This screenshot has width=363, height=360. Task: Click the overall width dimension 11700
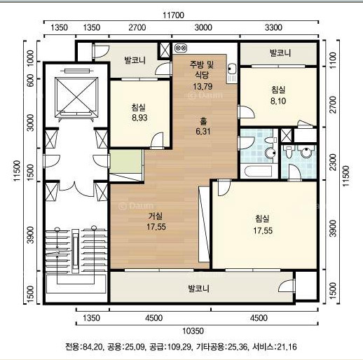tap(173, 15)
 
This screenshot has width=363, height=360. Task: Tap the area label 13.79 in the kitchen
tap(203, 87)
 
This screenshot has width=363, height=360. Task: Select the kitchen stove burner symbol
tap(181, 48)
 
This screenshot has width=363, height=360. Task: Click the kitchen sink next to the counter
tap(231, 69)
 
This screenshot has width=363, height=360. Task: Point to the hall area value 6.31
tap(203, 132)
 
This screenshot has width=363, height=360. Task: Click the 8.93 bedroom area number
tap(139, 118)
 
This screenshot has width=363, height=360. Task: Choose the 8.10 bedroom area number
tap(278, 101)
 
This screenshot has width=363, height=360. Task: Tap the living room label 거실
tap(156, 216)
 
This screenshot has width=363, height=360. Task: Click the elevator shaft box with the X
tap(76, 97)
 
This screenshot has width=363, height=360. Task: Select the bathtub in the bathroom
tap(258, 172)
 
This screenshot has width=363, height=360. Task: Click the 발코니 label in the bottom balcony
tap(199, 289)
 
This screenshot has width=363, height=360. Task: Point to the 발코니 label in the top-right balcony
tap(280, 53)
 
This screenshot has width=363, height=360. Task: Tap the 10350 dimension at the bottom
tap(193, 331)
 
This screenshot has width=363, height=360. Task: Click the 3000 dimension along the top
tap(203, 27)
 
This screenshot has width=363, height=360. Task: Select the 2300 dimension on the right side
tap(333, 162)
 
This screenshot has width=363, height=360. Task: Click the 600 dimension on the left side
tap(31, 81)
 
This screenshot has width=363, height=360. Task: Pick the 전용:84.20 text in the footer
tap(84, 347)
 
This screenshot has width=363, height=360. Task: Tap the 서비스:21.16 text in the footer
tap(275, 347)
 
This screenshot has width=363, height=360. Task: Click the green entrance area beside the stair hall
tap(126, 161)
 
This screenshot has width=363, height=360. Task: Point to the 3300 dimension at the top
tap(273, 27)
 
